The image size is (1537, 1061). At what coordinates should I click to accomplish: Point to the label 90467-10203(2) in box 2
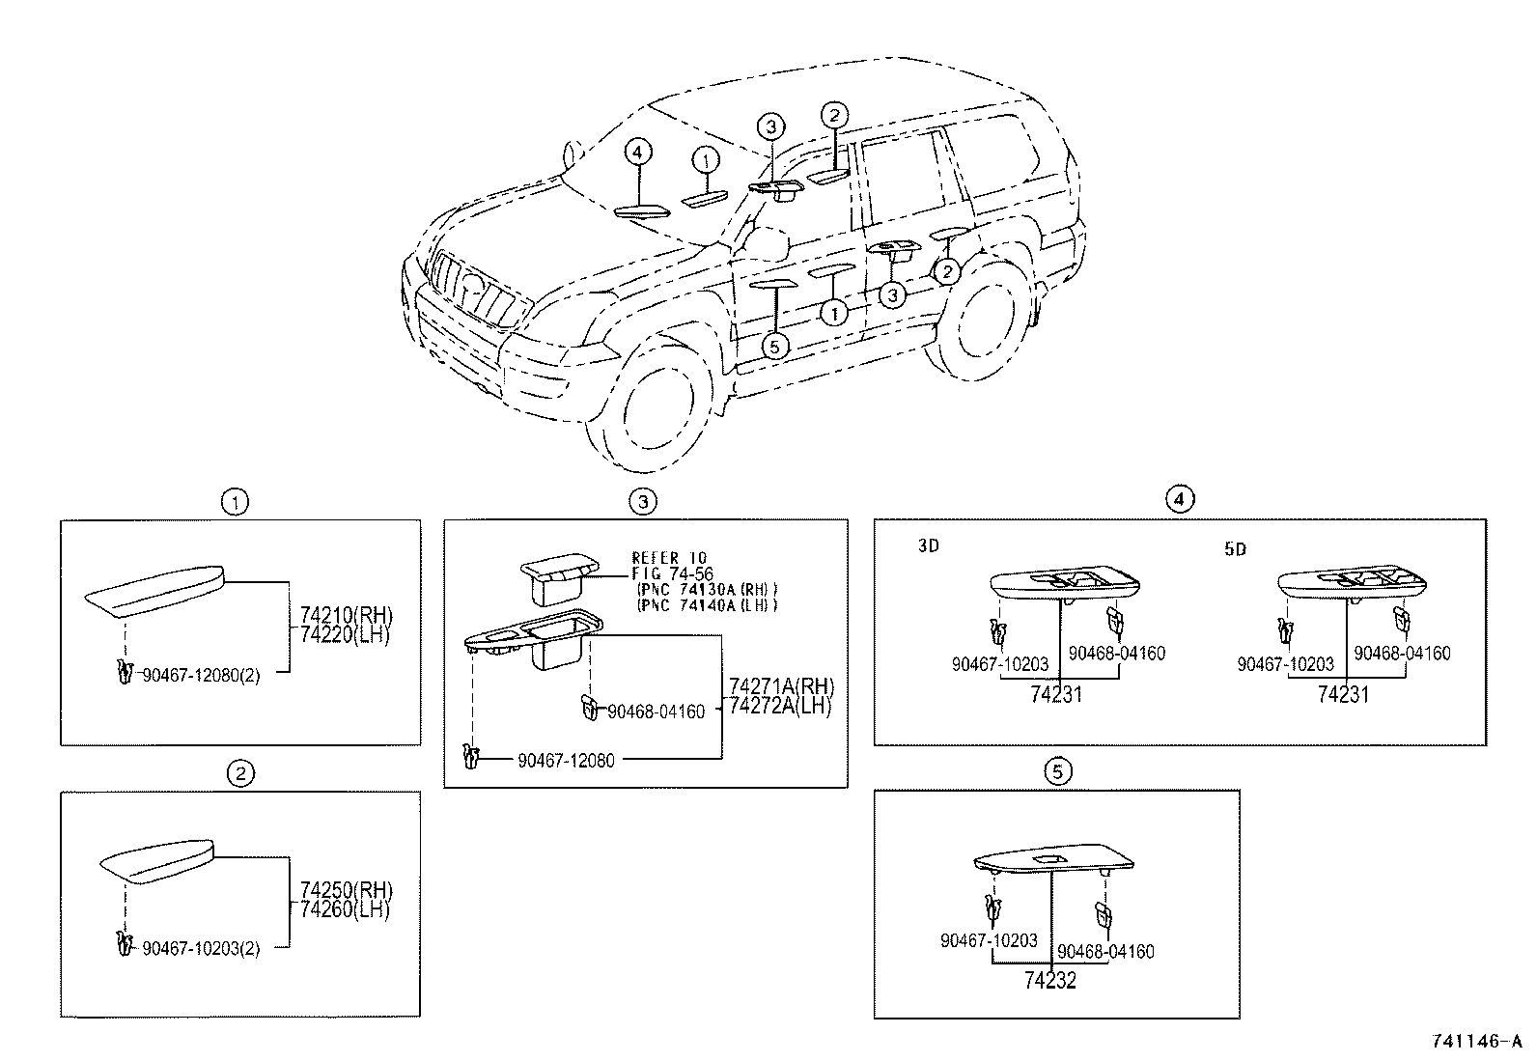pos(201,948)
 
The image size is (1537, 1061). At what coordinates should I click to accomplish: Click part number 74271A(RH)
pos(780,687)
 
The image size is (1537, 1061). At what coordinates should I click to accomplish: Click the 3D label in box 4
pos(928,546)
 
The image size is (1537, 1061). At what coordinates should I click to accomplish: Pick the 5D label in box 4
pos(1234,549)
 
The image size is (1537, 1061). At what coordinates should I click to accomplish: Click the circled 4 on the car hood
pos(637,152)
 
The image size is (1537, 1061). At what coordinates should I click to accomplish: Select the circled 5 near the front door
pos(774,346)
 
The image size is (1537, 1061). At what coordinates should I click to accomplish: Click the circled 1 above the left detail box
pos(235,501)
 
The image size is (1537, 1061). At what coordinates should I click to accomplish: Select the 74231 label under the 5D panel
pos(1343,694)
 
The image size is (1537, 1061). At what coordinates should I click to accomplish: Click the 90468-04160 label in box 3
pos(656,712)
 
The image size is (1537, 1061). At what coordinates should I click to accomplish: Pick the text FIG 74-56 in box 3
pos(673,574)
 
